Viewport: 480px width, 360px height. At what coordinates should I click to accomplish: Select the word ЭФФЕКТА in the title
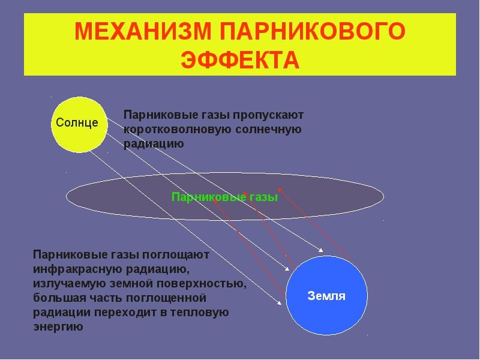pos(240,59)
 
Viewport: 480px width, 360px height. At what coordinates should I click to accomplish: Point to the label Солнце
pos(77,122)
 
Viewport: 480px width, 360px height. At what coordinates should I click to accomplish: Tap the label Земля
pos(326,296)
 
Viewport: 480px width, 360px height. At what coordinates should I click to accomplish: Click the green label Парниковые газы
pos(224,197)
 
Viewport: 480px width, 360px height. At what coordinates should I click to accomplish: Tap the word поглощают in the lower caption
pos(177,255)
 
